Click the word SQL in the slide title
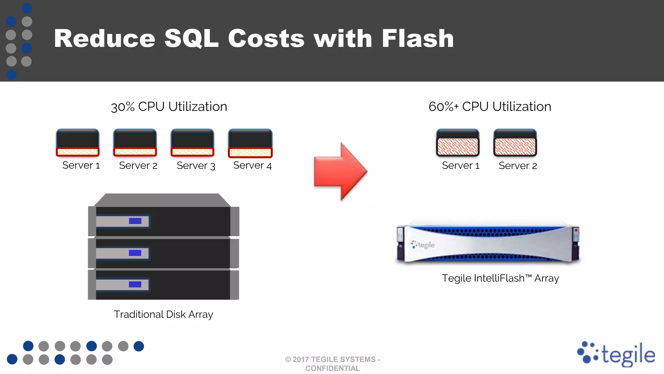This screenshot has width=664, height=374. click(x=191, y=39)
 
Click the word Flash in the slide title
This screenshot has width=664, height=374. click(x=418, y=39)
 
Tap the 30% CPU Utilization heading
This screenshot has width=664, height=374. click(x=169, y=107)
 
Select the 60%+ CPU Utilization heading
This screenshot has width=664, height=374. click(x=490, y=107)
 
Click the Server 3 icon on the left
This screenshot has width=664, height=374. click(x=193, y=143)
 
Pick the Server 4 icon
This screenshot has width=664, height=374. click(x=250, y=143)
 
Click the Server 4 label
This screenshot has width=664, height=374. click(x=253, y=166)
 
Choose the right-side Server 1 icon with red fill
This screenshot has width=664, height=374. click(x=457, y=143)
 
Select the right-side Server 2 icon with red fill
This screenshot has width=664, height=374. click(x=515, y=143)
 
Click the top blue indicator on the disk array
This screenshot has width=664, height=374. click(x=135, y=221)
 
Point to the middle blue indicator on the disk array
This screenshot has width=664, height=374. click(x=135, y=253)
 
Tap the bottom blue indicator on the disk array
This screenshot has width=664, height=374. click(x=135, y=284)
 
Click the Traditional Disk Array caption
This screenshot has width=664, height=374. click(x=163, y=315)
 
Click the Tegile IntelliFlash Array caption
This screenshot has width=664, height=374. click(x=500, y=279)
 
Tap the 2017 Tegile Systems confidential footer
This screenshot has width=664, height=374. click(x=333, y=364)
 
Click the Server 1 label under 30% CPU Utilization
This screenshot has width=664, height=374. click(x=81, y=166)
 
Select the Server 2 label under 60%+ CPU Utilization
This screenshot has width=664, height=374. click(x=518, y=166)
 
